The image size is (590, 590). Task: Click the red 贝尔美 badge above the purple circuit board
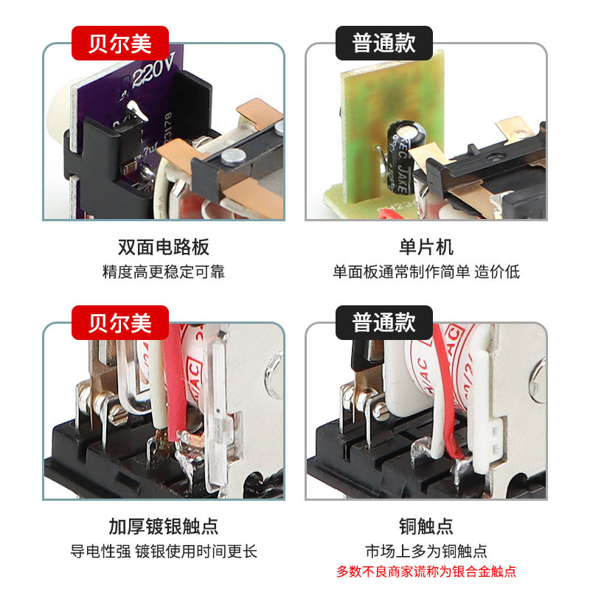click(120, 44)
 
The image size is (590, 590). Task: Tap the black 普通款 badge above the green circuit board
click(383, 44)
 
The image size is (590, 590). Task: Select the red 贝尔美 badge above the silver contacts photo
click(120, 323)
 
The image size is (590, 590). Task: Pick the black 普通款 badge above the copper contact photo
click(383, 323)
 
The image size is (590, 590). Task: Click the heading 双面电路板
click(164, 247)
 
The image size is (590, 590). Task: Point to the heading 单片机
click(426, 247)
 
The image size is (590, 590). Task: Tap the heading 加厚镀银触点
click(164, 527)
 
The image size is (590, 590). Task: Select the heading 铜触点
click(426, 527)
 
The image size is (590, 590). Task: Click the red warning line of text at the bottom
click(426, 572)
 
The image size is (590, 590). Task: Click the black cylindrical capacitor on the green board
click(403, 158)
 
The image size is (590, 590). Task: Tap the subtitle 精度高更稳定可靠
click(164, 271)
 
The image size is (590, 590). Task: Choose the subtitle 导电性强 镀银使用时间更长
click(164, 551)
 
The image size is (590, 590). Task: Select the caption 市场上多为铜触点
click(426, 551)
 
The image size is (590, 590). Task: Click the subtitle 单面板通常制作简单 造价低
click(426, 271)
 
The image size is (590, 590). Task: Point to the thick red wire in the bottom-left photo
click(175, 383)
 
